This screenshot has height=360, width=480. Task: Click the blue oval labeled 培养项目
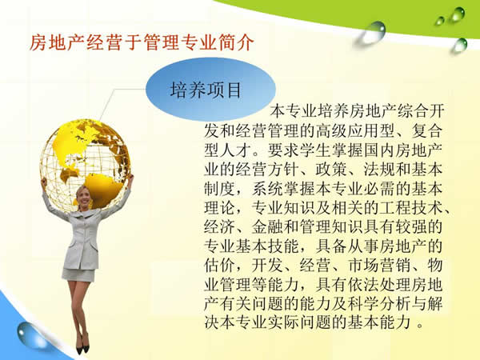206,89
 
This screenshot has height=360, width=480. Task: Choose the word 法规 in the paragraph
374,170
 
